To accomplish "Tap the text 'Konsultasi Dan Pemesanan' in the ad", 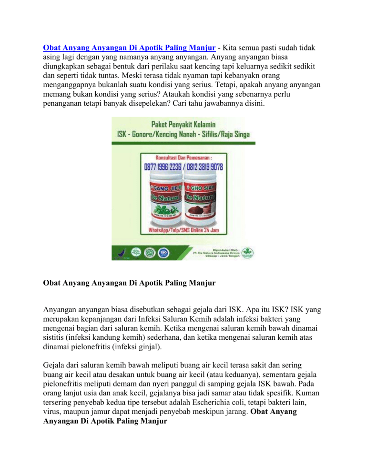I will tap(183, 158).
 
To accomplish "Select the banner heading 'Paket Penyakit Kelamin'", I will tap(183, 126).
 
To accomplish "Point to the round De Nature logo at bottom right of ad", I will tap(246, 253).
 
